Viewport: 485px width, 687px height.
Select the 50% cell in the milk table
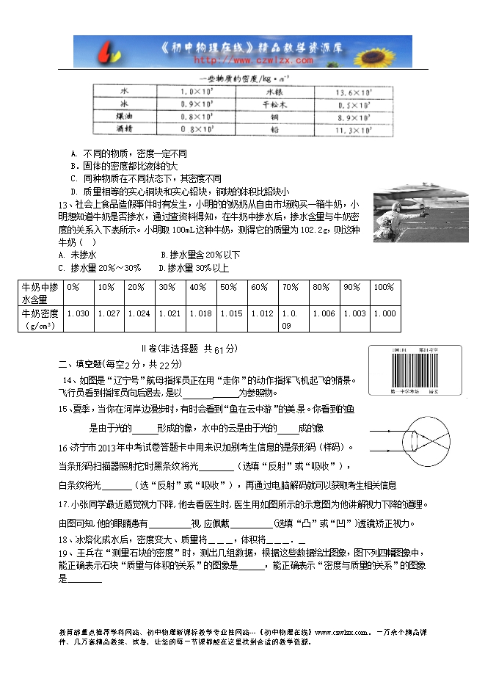point(232,287)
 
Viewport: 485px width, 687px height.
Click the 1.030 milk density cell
point(78,313)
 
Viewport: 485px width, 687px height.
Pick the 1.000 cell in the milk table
point(384,313)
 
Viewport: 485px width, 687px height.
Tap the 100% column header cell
point(384,287)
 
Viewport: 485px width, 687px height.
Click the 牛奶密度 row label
point(38,313)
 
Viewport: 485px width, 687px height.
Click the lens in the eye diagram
point(416,440)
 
